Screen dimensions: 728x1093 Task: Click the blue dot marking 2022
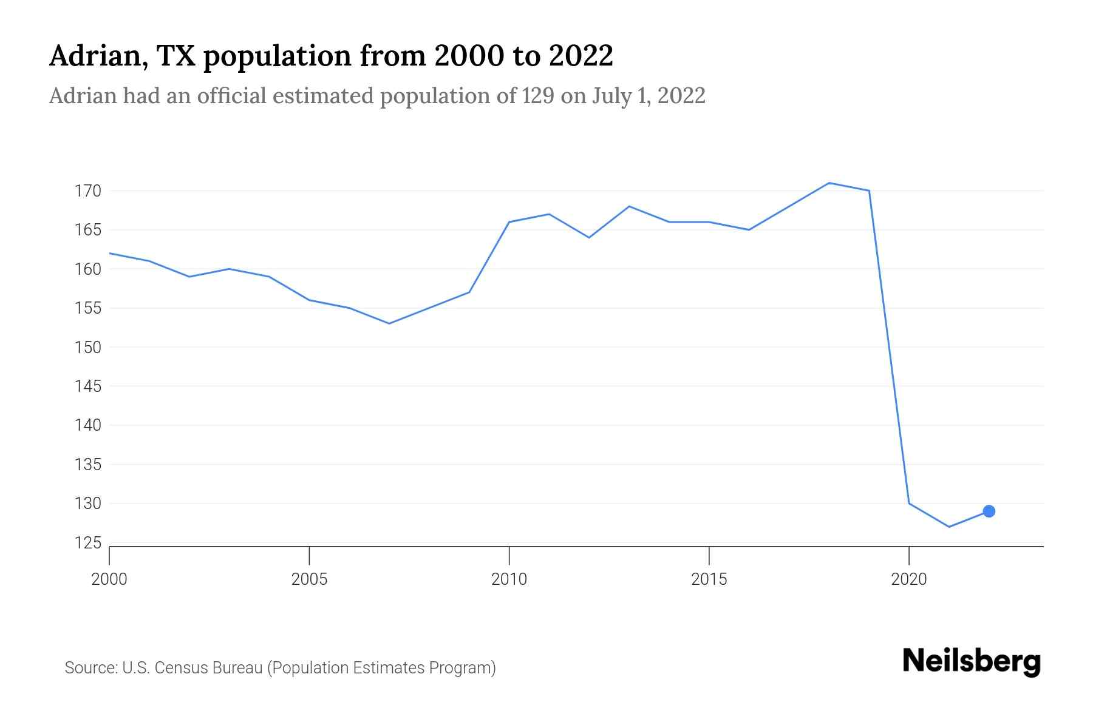tap(989, 511)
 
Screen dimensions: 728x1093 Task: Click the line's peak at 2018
tap(829, 183)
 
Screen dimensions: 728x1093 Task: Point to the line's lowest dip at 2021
tap(948, 527)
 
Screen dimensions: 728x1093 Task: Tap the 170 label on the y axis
tap(87, 191)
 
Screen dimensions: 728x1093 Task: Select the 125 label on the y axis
tap(87, 543)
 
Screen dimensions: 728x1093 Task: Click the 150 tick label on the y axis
tap(87, 348)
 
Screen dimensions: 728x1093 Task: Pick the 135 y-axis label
tap(87, 465)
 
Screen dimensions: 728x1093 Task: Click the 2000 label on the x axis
tap(109, 579)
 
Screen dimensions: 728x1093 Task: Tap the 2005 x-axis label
tap(309, 579)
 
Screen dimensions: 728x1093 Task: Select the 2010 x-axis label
tap(509, 579)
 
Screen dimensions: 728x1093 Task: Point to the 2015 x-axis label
tap(709, 579)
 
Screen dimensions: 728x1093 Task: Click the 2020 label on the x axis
tap(908, 579)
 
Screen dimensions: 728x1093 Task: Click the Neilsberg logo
tap(971, 661)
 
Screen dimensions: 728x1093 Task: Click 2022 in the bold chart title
tap(581, 56)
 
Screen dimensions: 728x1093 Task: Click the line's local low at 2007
tap(389, 323)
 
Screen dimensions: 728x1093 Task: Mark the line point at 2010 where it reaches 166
tap(509, 222)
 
